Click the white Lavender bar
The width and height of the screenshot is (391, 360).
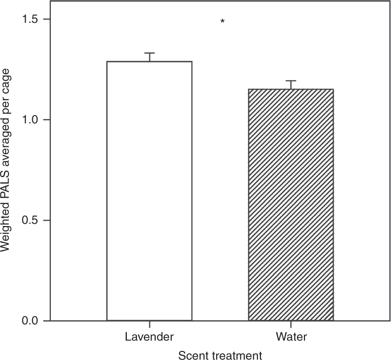pyautogui.click(x=149, y=190)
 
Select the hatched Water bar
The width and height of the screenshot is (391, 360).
pyautogui.click(x=291, y=204)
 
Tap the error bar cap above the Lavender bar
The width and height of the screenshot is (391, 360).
pyautogui.click(x=150, y=53)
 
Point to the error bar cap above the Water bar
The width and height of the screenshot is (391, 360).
pyautogui.click(x=291, y=81)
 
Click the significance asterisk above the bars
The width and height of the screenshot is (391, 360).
pyautogui.click(x=222, y=21)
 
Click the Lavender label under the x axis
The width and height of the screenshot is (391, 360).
pyautogui.click(x=150, y=337)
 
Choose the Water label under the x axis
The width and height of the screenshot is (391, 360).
pyautogui.click(x=291, y=337)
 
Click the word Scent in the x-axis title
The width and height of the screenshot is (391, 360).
pyautogui.click(x=192, y=355)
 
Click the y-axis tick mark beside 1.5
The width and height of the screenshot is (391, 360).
pyautogui.click(x=47, y=19)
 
